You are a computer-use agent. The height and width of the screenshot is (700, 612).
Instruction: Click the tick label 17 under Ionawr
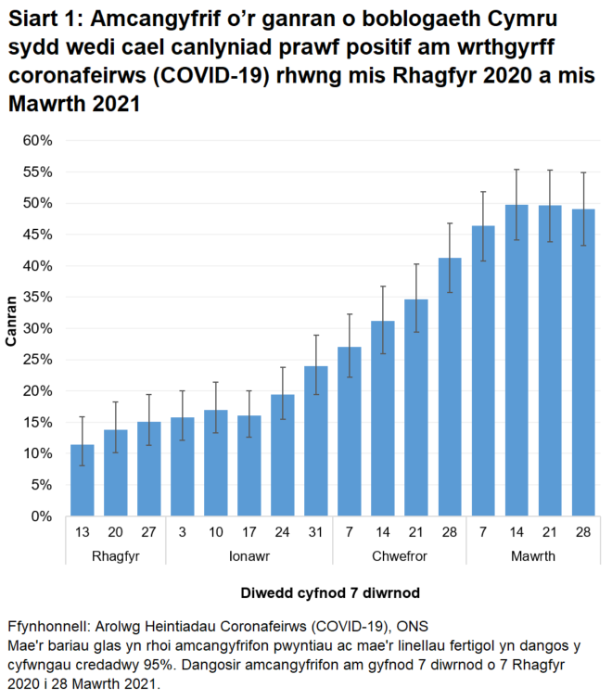point(249,532)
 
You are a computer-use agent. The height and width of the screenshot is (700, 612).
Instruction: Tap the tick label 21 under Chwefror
point(416,532)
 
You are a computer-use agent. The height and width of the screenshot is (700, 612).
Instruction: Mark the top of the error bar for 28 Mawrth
point(583,172)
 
